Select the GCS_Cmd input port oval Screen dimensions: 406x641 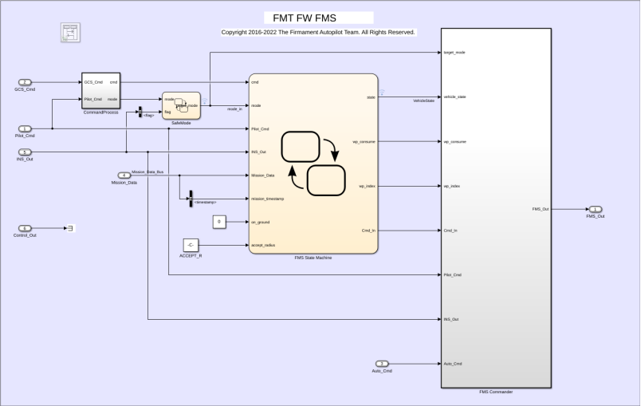tap(25, 82)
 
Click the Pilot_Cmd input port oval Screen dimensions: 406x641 tap(25, 128)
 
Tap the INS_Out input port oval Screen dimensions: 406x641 tap(25, 152)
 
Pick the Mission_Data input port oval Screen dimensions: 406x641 tap(124, 175)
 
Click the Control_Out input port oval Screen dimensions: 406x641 tap(25, 228)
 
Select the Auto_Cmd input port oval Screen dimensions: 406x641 tap(382, 364)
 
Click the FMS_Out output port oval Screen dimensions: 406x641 tap(595, 209)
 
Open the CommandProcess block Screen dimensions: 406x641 tap(100, 90)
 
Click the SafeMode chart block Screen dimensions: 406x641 tap(181, 105)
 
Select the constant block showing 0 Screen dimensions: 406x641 tap(219, 221)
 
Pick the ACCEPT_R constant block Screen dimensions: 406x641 tap(190, 245)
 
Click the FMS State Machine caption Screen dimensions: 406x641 tap(313, 258)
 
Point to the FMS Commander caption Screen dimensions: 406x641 tap(495, 392)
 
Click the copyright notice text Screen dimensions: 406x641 tap(318, 33)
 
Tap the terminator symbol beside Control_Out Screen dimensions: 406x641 tap(70, 229)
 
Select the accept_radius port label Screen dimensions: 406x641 tap(264, 245)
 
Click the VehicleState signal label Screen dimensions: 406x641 tap(423, 101)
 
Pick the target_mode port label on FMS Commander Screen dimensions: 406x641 tap(455, 53)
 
